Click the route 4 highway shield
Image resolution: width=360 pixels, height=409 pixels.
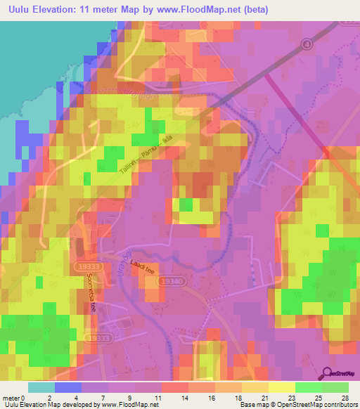point(307,44)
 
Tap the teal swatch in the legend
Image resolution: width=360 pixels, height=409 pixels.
point(41,387)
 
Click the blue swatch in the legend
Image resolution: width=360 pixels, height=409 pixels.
point(67,387)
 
